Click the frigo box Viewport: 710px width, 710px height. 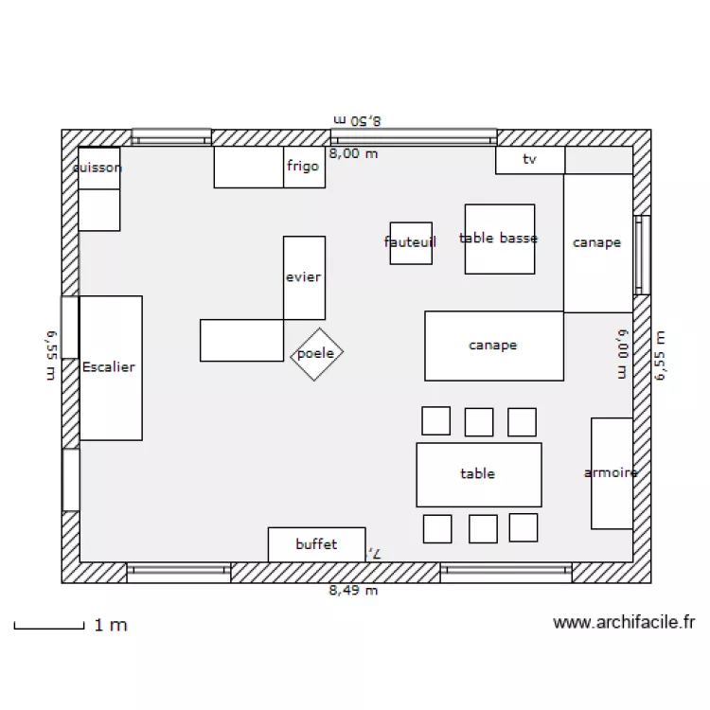point(304,168)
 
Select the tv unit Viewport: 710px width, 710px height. point(530,160)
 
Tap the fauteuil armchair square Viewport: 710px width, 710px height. point(411,243)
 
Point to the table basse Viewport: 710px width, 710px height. point(499,240)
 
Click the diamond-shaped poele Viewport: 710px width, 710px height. point(316,354)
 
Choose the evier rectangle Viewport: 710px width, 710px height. point(304,277)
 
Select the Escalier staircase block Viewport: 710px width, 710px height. point(110,367)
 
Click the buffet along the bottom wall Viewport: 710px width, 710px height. point(316,544)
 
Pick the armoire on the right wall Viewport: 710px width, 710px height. point(612,472)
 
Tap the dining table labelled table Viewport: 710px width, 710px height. point(478,474)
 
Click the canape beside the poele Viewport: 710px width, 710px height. point(493,346)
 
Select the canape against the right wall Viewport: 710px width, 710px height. point(597,243)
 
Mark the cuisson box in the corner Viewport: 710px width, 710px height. point(98,169)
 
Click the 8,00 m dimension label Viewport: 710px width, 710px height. point(353,153)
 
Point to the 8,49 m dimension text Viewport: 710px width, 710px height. point(353,591)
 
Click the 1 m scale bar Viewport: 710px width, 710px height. point(49,626)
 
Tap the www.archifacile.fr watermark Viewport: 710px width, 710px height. point(624,622)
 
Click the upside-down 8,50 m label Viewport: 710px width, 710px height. point(357,120)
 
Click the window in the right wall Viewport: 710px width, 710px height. point(643,255)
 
